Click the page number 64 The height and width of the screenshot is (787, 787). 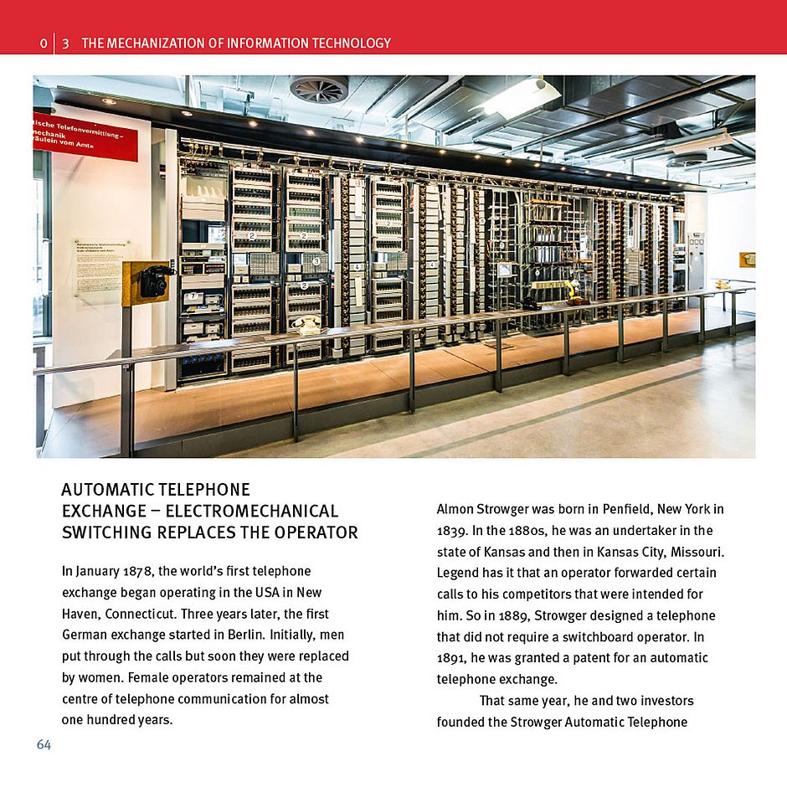[x=44, y=744]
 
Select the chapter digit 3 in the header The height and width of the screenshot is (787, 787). [x=65, y=43]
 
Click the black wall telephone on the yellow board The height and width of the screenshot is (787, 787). [x=153, y=282]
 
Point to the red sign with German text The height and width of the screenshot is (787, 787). [x=85, y=136]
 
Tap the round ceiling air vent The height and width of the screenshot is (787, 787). [x=318, y=89]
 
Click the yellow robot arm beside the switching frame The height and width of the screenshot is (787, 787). [x=572, y=290]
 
